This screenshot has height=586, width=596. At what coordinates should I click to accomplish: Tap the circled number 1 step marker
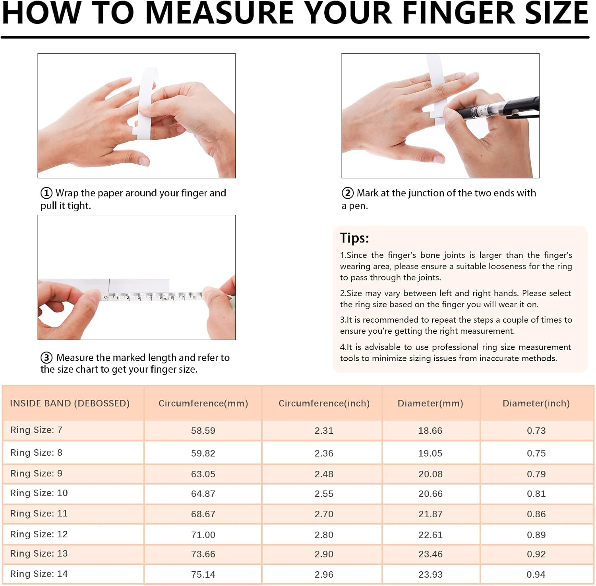46,193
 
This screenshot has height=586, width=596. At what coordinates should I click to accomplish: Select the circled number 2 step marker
348,193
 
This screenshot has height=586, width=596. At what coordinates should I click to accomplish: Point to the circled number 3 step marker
46,358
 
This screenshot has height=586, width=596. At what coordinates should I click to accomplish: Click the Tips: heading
354,238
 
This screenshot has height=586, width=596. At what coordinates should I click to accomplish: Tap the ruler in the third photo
155,296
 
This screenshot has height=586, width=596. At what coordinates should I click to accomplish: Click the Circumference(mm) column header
203,403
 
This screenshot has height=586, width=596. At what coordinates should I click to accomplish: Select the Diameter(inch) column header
536,403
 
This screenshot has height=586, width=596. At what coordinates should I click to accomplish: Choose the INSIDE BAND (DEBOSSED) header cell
70,403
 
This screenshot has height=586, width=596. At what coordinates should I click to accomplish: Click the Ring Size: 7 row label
36,430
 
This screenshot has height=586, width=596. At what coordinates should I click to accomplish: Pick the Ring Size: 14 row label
39,574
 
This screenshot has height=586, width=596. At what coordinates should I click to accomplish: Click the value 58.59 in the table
203,431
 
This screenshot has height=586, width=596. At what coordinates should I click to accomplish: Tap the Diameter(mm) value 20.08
430,474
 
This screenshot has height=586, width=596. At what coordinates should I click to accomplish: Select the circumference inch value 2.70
324,514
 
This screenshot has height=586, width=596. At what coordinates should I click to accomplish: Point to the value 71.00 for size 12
203,535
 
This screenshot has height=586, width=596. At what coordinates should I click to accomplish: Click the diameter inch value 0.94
536,574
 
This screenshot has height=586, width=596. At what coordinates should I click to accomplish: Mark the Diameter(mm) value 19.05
430,453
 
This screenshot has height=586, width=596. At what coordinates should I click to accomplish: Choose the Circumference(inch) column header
324,403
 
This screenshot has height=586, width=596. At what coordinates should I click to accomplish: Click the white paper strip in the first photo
145,103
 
